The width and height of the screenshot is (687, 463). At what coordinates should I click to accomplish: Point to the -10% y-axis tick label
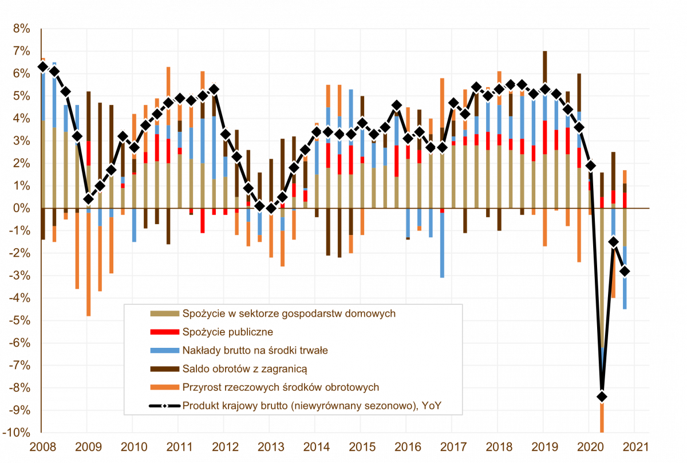pos(17,433)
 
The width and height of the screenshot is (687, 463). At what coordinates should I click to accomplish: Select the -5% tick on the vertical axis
pos(19,321)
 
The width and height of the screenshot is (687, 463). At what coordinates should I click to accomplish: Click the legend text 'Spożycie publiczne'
pos(227,332)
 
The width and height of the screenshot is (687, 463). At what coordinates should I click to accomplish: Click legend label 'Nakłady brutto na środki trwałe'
pos(255,350)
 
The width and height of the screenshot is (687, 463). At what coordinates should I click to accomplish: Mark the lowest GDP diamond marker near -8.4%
pos(602,397)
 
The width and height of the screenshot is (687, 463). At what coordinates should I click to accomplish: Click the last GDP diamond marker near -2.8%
pos(625,271)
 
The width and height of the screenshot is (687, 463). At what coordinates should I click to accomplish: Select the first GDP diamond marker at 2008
pos(42,66)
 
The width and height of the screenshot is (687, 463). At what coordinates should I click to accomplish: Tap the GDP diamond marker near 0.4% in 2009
pos(88,199)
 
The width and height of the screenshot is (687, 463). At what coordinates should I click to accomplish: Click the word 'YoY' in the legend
pos(433,406)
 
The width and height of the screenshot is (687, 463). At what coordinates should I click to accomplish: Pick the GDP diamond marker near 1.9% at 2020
pos(590,166)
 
